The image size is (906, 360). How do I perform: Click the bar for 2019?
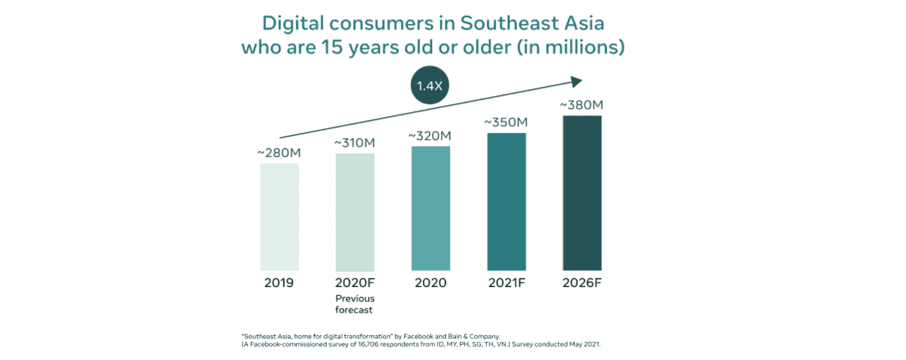click(x=279, y=216)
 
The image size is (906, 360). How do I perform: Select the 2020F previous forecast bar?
click(x=355, y=212)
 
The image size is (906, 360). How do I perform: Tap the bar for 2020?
click(x=430, y=208)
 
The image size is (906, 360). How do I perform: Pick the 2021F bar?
click(x=506, y=201)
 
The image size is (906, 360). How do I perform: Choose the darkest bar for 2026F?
click(x=582, y=193)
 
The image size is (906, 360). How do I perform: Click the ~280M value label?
click(x=279, y=153)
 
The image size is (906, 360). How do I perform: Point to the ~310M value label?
click(x=355, y=143)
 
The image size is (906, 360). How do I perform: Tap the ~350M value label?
click(x=506, y=122)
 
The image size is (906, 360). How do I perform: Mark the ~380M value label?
click(x=582, y=104)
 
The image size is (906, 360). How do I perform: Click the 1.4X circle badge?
click(x=430, y=86)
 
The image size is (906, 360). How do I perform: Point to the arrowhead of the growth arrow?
click(x=578, y=81)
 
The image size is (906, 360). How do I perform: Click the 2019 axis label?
click(x=279, y=283)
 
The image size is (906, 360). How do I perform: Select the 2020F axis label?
click(x=355, y=283)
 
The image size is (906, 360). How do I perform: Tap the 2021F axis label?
click(x=506, y=283)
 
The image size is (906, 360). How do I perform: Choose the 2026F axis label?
click(x=582, y=283)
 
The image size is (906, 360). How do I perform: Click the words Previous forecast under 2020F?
click(x=355, y=304)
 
